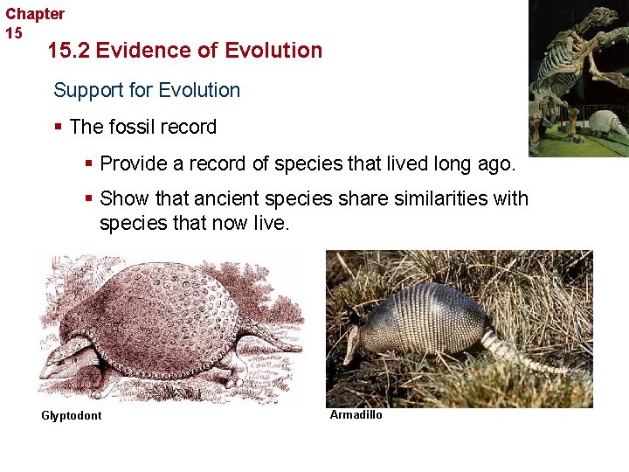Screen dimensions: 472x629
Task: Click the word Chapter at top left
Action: coord(35,14)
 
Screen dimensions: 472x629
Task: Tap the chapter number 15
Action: coord(14,33)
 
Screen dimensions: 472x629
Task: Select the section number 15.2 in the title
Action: coord(68,51)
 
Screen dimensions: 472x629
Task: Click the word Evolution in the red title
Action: coord(273,51)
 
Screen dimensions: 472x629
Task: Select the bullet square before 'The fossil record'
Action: coord(59,128)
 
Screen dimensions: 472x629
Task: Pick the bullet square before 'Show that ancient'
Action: coord(90,199)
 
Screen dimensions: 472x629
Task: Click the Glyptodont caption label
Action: coord(71,415)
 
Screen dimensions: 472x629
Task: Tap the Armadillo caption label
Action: coord(356,414)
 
